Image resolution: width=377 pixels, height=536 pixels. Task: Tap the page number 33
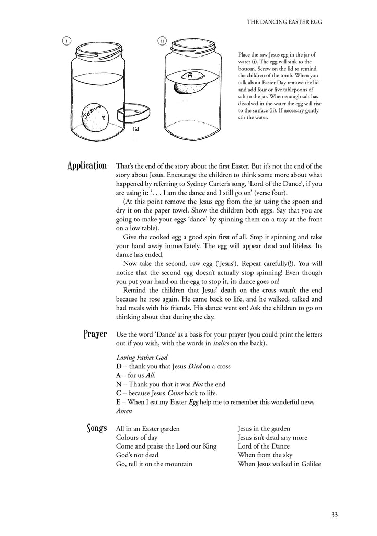point(334,515)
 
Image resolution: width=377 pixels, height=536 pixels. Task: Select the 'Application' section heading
point(87,166)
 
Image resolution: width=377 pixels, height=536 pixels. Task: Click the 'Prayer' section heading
point(95,334)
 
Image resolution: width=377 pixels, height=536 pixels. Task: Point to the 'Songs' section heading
point(97,429)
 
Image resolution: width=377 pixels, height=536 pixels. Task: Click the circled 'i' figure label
point(66,41)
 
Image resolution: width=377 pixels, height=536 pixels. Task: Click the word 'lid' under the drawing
point(136,128)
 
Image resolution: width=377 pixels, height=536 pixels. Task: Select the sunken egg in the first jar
point(96,117)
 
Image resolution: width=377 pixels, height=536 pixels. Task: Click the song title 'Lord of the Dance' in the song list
point(264,446)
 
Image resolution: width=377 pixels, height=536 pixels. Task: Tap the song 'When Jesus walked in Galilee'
point(279,464)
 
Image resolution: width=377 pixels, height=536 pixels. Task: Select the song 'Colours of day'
point(136,438)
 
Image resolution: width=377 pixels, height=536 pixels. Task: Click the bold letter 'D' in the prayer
point(119,366)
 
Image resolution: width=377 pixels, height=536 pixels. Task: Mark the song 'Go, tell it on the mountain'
point(154,464)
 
